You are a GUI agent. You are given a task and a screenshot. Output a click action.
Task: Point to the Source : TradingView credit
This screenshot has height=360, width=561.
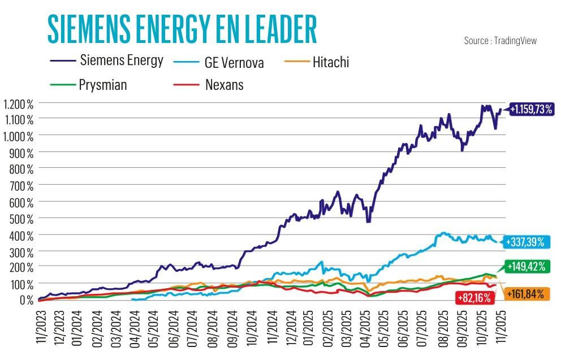[x=500, y=41]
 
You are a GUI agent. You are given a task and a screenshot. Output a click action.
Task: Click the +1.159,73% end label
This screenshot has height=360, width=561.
[x=530, y=110]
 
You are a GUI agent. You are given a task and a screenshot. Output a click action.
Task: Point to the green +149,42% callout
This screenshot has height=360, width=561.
[x=526, y=266]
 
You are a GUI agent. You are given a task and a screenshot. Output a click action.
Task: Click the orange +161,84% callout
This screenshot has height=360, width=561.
[x=525, y=294]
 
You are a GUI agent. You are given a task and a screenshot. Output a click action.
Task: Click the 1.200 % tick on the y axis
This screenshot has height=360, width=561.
[x=18, y=104]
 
